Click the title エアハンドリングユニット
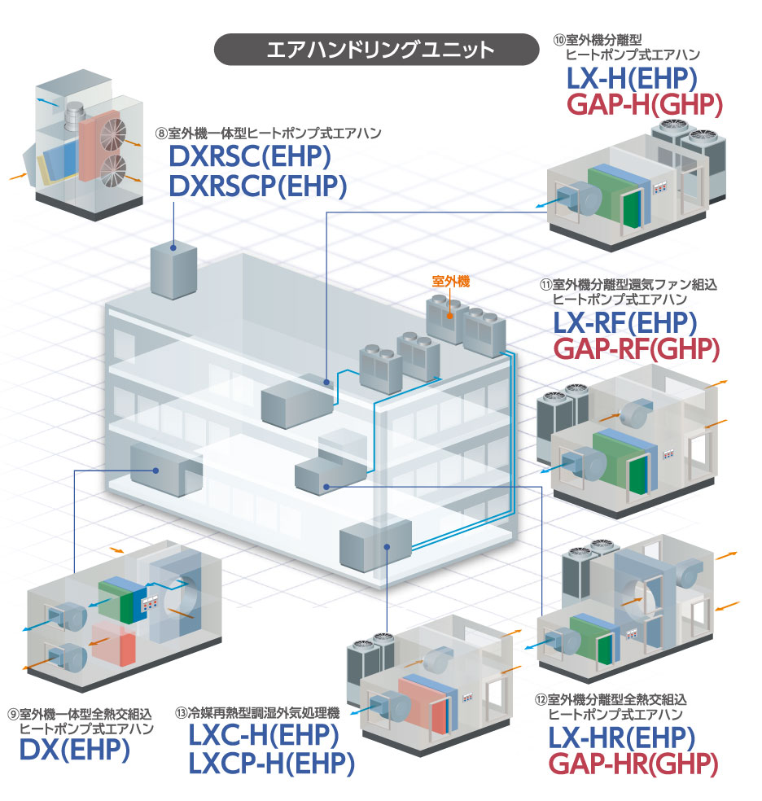380,50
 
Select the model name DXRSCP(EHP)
257,187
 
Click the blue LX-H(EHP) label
632,79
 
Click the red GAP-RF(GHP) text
636,350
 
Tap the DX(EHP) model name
74,749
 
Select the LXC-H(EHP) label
264,736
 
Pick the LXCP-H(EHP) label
272,764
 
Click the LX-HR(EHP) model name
621,738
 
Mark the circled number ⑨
13,714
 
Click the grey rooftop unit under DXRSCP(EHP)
174,269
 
